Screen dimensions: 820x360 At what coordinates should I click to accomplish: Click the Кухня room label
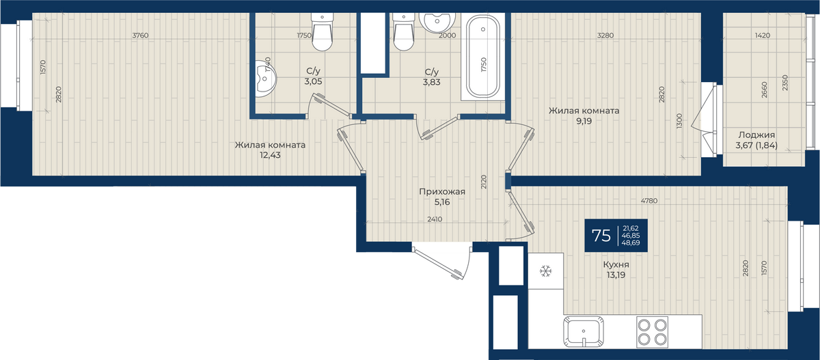click(616, 264)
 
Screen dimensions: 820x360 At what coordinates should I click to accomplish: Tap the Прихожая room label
click(442, 192)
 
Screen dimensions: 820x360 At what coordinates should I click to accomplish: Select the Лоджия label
click(756, 135)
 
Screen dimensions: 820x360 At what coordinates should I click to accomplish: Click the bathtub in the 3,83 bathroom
click(483, 56)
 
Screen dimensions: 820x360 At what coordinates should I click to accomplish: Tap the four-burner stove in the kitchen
click(652, 332)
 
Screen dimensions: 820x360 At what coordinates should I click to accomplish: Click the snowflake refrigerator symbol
click(545, 271)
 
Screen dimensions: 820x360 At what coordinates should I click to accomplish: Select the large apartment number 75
click(601, 236)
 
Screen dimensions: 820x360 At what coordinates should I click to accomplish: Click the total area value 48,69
click(631, 243)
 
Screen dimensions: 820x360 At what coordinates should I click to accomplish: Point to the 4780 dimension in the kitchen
click(649, 201)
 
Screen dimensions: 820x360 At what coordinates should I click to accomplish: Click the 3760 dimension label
click(140, 36)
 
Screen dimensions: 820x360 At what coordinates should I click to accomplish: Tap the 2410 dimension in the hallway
click(435, 219)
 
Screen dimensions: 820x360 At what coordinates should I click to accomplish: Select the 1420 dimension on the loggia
click(762, 36)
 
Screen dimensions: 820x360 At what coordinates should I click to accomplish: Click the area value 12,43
click(270, 155)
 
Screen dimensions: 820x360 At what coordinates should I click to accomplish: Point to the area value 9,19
click(584, 121)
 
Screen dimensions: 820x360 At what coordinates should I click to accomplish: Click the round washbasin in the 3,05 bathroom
click(265, 79)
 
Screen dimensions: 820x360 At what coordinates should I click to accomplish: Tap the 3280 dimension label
click(605, 36)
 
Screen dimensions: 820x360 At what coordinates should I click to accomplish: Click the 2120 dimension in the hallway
click(484, 182)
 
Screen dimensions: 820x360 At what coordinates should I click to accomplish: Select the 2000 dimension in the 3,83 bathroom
click(448, 36)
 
